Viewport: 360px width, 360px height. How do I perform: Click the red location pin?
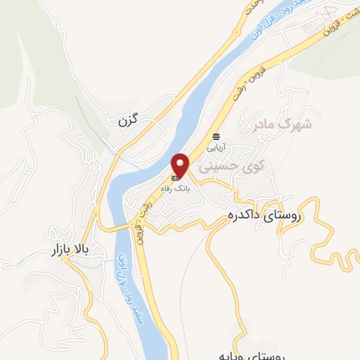pyautogui.click(x=181, y=165)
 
